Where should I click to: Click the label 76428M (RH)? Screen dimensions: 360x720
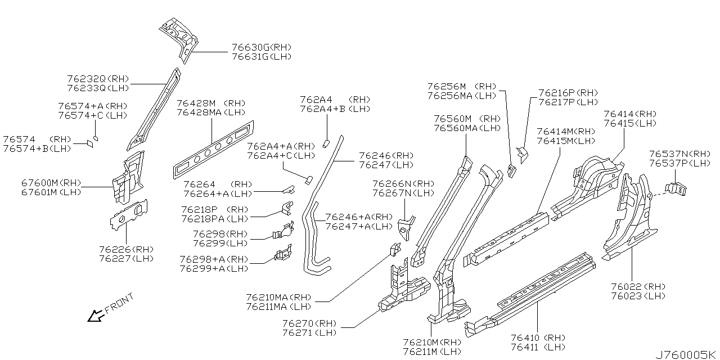(211, 103)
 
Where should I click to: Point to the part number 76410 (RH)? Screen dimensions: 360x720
(538, 338)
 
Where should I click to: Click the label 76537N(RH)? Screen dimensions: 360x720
(679, 154)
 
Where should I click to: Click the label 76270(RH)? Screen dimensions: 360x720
(309, 323)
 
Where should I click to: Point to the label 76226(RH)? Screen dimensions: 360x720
(126, 249)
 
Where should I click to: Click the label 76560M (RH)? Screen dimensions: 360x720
(467, 119)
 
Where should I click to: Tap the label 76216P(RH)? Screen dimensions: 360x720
(568, 93)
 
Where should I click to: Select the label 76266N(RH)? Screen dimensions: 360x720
(403, 184)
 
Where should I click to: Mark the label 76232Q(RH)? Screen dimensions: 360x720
(98, 79)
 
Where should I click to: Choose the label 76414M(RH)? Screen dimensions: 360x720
(565, 132)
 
